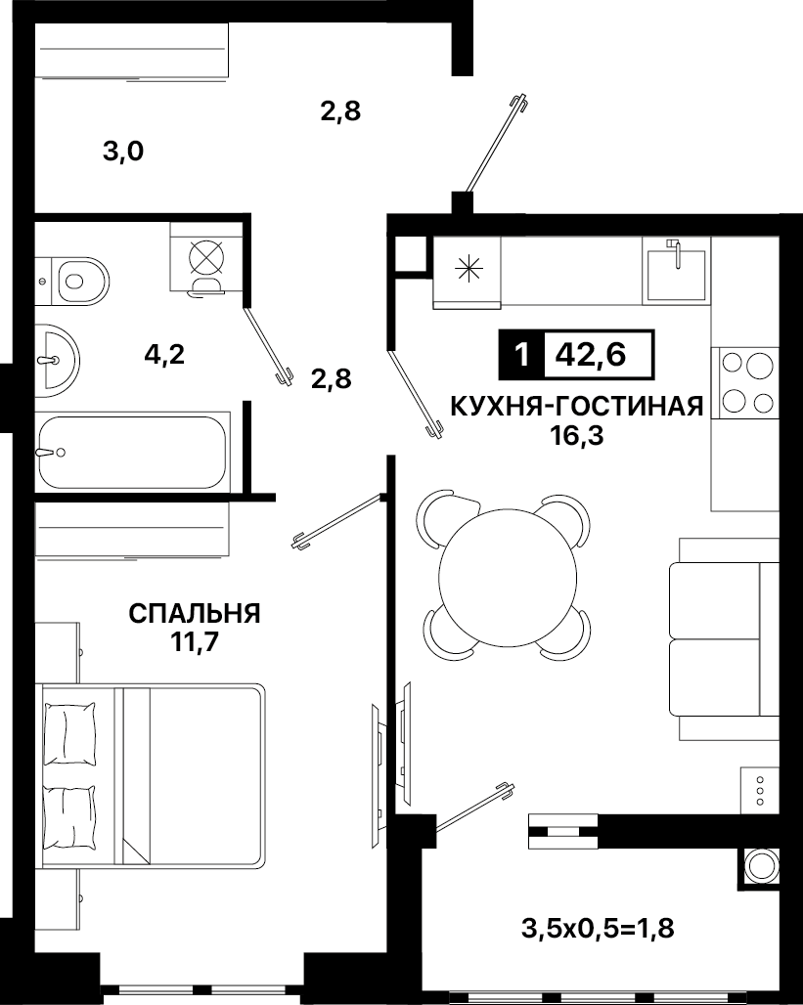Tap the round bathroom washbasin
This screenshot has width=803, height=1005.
point(57,360)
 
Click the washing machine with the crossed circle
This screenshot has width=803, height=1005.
point(206,258)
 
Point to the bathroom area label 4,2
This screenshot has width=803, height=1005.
point(164,354)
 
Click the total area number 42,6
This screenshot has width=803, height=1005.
point(591,354)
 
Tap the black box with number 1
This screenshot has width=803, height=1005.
point(522,354)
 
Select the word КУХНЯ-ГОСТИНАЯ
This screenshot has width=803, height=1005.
point(577,407)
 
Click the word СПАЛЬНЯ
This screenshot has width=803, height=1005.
point(195,613)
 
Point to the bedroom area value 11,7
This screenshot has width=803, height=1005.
point(195,641)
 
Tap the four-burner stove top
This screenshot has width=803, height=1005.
point(744,383)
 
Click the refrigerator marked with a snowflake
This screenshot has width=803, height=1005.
point(467,273)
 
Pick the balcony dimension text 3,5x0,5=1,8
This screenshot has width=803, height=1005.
point(598,929)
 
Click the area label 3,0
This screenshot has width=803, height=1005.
point(123,153)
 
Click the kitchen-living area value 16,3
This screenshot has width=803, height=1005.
point(577,436)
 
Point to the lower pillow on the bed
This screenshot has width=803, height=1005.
point(69,816)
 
